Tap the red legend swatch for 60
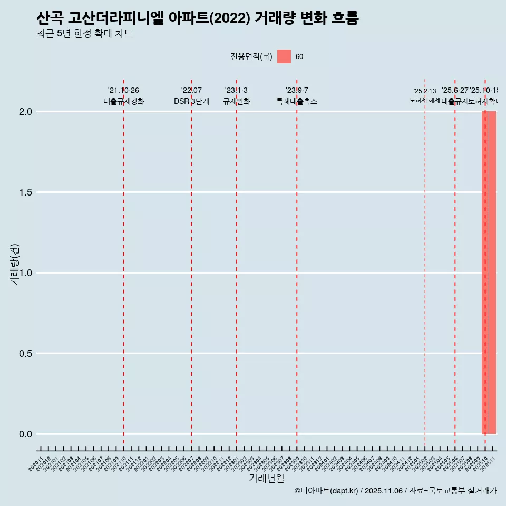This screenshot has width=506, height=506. [x=284, y=56]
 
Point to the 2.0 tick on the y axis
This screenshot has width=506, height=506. [x=26, y=112]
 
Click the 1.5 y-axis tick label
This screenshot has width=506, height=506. [x=26, y=192]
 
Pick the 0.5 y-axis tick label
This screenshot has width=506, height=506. [x=26, y=354]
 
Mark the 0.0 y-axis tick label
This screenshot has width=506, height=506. [x=26, y=434]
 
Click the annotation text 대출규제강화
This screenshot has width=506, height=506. [x=124, y=101]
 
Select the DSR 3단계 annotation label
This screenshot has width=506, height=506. [x=191, y=101]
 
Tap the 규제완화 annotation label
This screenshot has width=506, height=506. [x=236, y=101]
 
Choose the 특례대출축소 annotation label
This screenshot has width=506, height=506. [x=297, y=101]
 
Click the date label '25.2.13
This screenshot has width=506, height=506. [x=425, y=91]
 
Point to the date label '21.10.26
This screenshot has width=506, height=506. [x=123, y=91]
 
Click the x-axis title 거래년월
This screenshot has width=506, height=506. [x=266, y=479]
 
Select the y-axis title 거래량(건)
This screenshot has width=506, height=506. [x=15, y=264]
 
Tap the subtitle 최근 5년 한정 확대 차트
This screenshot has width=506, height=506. [x=84, y=34]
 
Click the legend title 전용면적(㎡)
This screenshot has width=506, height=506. [x=251, y=57]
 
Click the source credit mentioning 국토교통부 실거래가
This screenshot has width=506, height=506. [x=395, y=491]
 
